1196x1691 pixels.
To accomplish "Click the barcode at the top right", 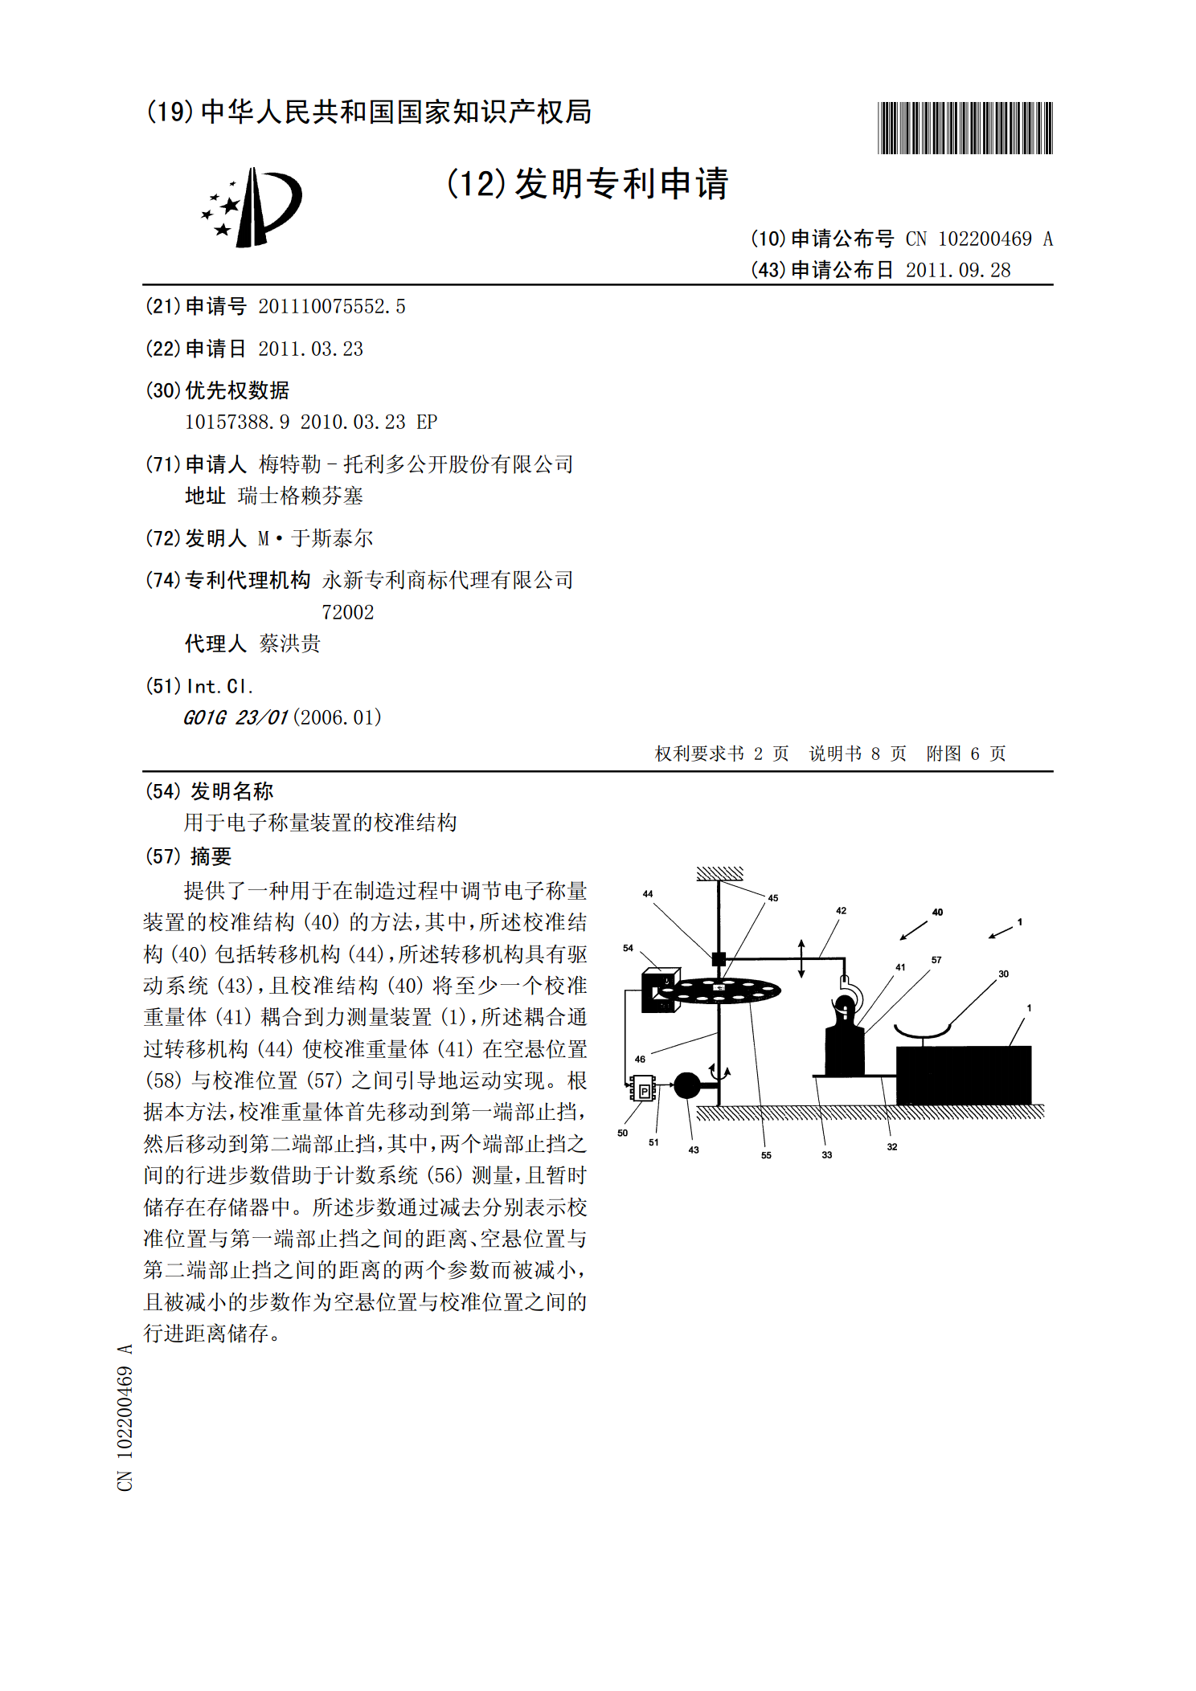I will coord(965,128).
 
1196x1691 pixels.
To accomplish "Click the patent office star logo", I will coord(252,207).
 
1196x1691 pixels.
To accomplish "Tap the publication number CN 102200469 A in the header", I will coord(978,239).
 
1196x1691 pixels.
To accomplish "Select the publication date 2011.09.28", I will coord(957,271).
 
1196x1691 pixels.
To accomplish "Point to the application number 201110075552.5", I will coord(331,307).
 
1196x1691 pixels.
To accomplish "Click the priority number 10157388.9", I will coord(237,423).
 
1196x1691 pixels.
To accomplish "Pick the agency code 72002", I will coord(347,613).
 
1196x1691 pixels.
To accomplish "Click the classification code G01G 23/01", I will coord(235,718).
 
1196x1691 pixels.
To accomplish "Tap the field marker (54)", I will coord(162,792).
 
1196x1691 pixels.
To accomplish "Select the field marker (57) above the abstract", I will coord(162,857).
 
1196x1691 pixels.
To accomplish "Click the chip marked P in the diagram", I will coord(644,1090).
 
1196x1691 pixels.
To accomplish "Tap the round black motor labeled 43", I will coord(686,1085).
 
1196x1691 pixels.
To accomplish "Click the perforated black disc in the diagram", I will coord(723,991).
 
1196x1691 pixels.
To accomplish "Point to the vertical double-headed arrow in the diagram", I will coord(801,958).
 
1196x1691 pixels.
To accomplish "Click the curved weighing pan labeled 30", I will coord(923,1032).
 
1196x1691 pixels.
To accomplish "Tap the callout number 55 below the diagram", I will coord(766,1155).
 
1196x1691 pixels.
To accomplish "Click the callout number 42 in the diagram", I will coord(841,911).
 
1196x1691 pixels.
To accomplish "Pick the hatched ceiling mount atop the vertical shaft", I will coord(719,873).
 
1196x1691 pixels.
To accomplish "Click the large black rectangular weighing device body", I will coord(963,1075).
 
